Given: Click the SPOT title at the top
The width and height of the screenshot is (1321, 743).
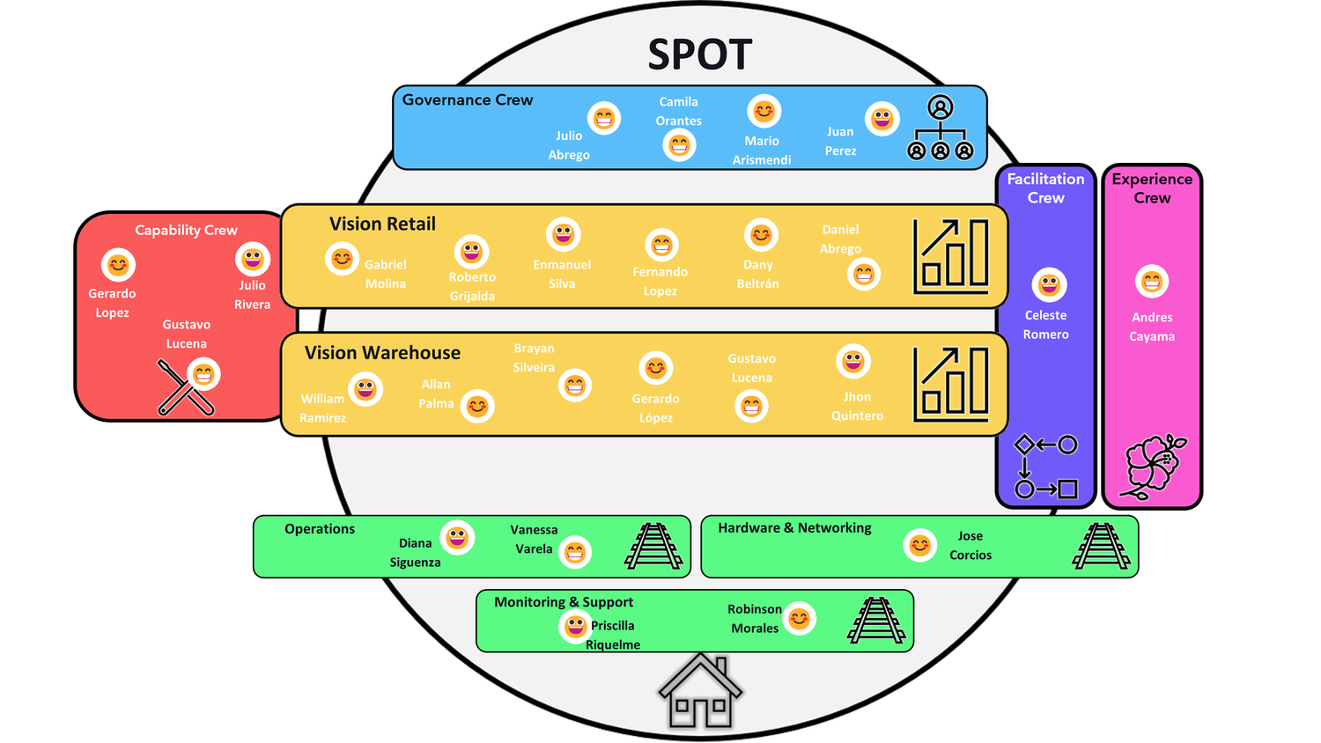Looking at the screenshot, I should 700,55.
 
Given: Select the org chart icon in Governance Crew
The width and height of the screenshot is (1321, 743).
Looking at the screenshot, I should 941,129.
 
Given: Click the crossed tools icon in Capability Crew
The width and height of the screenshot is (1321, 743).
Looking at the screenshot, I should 185,387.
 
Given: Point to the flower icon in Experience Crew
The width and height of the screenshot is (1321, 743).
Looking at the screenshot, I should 1152,467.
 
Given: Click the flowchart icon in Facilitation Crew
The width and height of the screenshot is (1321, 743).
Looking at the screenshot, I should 1046,467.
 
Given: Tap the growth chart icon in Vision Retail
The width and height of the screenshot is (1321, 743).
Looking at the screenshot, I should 951,256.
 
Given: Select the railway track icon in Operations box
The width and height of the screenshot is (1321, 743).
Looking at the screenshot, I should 653,547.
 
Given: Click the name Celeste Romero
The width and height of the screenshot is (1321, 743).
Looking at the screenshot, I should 1046,325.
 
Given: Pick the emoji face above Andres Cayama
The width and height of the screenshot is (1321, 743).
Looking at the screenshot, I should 1152,282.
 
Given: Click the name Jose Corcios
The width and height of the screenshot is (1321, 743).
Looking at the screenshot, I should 970,546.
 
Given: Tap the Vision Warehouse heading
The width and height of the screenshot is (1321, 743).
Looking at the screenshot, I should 382,353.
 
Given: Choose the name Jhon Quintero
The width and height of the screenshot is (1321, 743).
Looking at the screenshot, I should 857,407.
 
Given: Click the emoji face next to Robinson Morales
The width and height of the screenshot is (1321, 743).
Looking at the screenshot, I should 800,619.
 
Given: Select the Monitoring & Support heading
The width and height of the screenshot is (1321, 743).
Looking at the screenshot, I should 564,602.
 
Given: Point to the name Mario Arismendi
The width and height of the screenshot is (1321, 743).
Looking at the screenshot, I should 762,151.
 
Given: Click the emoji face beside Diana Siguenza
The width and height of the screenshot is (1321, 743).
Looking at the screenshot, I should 457,537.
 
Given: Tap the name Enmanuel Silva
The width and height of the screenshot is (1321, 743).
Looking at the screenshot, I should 562,274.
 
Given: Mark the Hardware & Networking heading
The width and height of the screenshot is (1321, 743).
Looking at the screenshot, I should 794,528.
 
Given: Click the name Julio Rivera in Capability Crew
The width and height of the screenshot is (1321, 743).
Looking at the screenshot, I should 252,295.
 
